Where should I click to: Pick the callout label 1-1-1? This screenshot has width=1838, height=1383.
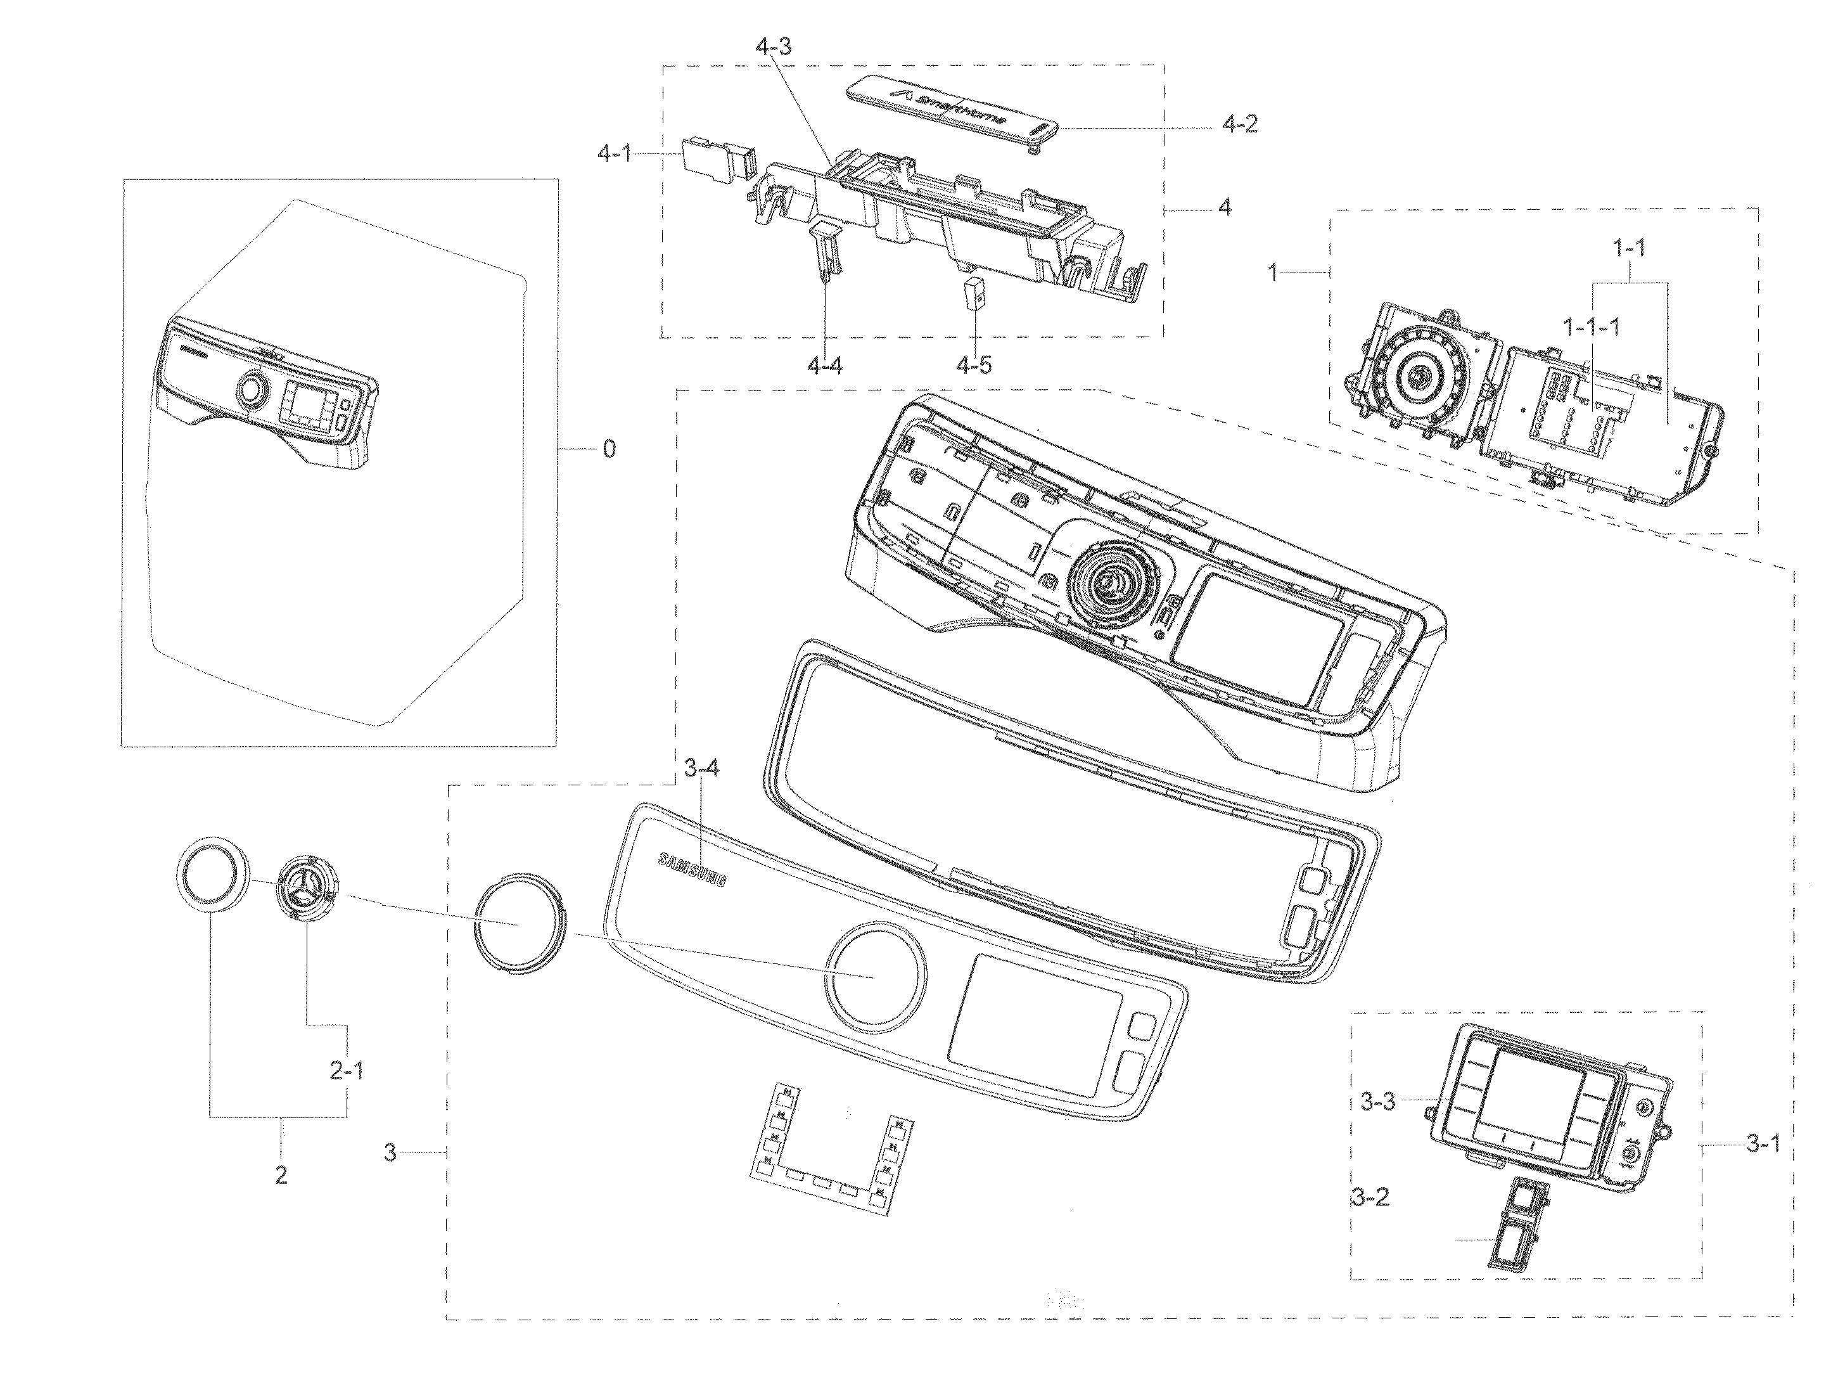1591,326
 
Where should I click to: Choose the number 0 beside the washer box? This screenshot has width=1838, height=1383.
609,449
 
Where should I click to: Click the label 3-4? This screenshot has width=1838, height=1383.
701,769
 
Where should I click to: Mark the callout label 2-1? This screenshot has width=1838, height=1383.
347,1071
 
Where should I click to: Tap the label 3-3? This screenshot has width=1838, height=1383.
1377,1102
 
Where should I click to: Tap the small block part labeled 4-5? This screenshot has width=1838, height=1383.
974,293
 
